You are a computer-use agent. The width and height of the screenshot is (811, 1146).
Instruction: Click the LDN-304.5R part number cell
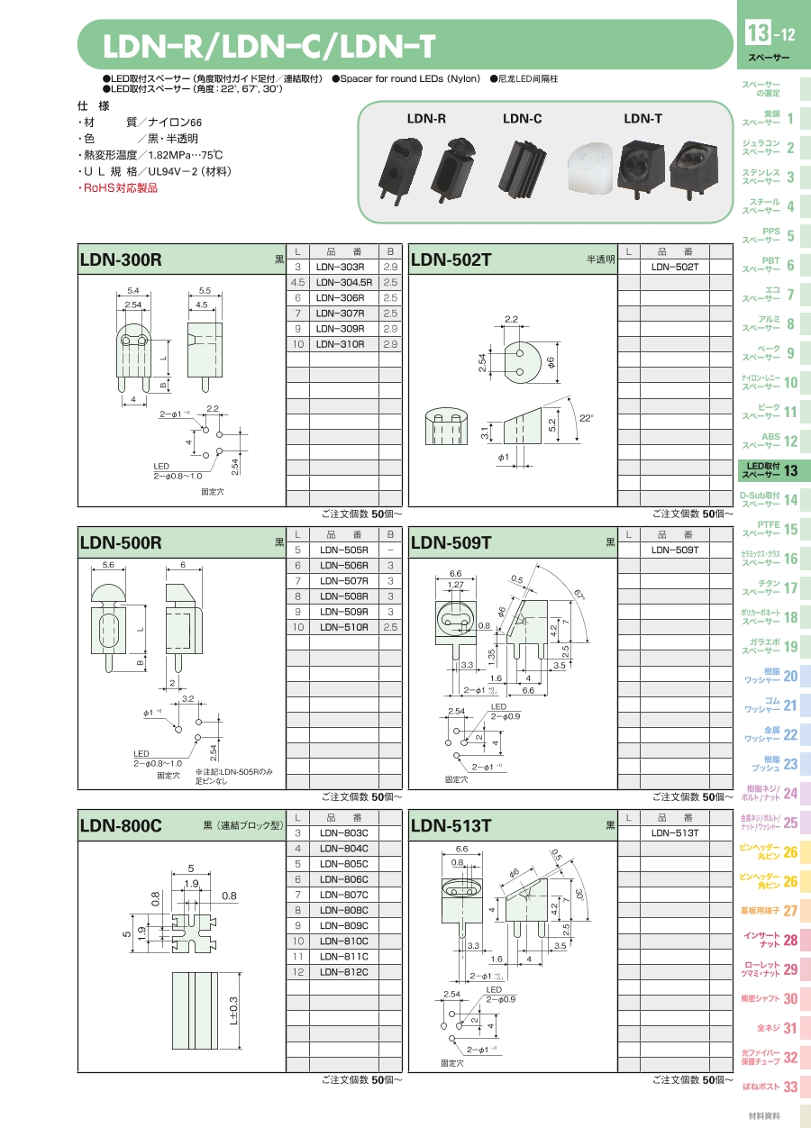tap(344, 282)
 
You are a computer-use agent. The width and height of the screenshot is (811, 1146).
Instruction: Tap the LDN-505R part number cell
tap(344, 550)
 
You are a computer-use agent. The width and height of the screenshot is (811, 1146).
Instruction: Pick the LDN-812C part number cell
tap(344, 972)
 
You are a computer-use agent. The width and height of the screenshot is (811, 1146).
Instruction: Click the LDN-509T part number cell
tap(674, 550)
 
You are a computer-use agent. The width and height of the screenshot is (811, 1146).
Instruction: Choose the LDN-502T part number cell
tap(674, 267)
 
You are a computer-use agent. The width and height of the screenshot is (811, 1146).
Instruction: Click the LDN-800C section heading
tap(121, 826)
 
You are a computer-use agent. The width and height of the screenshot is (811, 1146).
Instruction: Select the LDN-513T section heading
tap(451, 826)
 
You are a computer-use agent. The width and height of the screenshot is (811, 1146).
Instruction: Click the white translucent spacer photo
tap(590, 169)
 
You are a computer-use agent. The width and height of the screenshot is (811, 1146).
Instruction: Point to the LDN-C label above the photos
tap(522, 119)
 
